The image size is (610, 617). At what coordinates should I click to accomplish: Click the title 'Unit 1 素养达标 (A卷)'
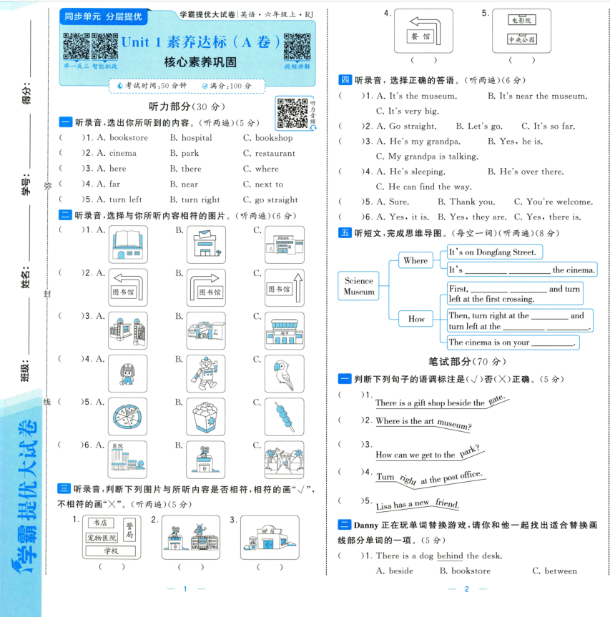200,42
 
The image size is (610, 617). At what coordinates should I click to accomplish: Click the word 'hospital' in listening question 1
191,138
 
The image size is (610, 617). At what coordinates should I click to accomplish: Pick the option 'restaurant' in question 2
269,154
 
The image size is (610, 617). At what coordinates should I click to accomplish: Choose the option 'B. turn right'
195,200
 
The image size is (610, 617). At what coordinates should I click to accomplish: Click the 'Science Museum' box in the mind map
359,287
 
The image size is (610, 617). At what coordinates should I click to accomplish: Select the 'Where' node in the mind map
415,261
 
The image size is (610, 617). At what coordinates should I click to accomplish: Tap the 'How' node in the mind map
415,319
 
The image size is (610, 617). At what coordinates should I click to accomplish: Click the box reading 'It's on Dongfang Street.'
494,252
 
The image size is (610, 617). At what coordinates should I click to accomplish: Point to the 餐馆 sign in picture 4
420,35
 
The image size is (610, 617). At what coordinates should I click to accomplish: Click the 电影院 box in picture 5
521,21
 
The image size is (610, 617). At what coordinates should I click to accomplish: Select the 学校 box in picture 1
110,551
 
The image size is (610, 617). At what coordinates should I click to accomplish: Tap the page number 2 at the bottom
466,589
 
